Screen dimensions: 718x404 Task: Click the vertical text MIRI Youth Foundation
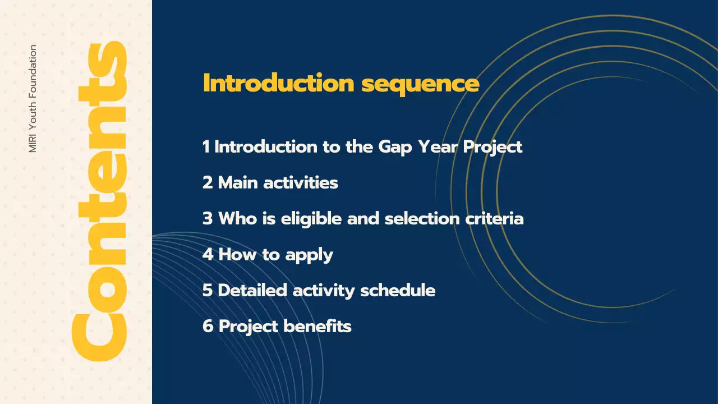[x=33, y=98]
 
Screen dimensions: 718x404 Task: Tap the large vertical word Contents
[x=99, y=201]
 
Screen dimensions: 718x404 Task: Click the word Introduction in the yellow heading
[x=279, y=83]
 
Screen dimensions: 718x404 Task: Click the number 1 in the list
[x=206, y=147]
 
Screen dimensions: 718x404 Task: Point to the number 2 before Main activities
[x=208, y=183]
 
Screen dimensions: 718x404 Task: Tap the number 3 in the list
[x=208, y=219]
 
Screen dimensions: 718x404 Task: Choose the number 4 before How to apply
[x=208, y=255]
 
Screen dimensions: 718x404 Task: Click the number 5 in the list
[x=208, y=291]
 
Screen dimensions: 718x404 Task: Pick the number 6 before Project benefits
[x=208, y=327]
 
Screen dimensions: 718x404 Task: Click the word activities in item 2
[x=301, y=183]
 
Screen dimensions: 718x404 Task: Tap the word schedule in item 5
[x=398, y=290]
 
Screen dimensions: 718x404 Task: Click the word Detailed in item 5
[x=252, y=290]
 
